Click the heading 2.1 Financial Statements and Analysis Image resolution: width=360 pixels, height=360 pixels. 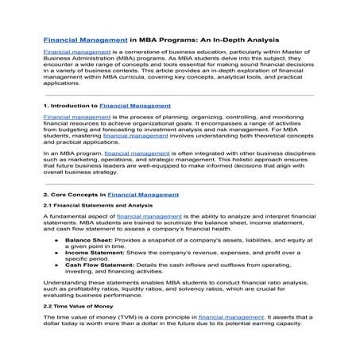tap(98, 205)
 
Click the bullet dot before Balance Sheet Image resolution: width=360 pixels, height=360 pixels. tap(56, 238)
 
